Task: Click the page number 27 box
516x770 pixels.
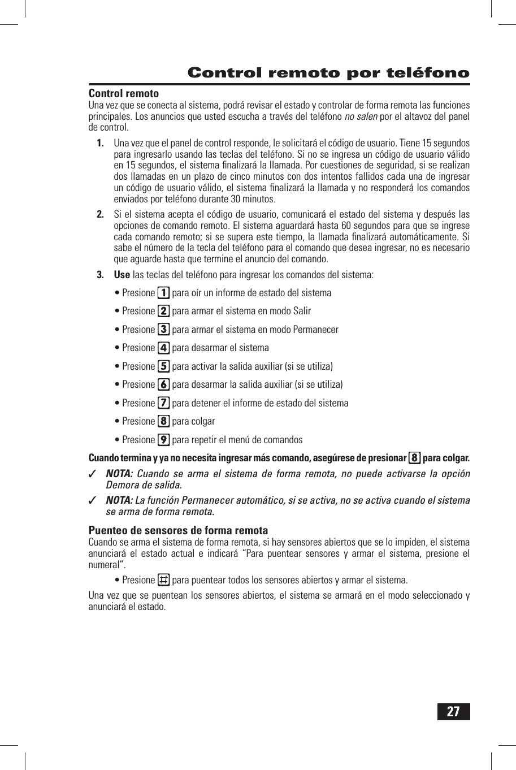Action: pyautogui.click(x=453, y=712)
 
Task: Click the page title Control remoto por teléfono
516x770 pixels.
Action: pyautogui.click(x=328, y=73)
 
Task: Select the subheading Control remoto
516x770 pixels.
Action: pyautogui.click(x=124, y=94)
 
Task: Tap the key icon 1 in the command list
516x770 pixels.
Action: pyautogui.click(x=163, y=293)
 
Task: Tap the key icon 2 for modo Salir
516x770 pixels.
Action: pyautogui.click(x=163, y=311)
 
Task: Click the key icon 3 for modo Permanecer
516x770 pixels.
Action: pyautogui.click(x=163, y=330)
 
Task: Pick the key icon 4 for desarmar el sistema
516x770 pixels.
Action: pyautogui.click(x=163, y=348)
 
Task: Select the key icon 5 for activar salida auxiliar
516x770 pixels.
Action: pyautogui.click(x=163, y=366)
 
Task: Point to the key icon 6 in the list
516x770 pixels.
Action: pyautogui.click(x=163, y=384)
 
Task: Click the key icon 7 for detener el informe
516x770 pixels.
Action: pyautogui.click(x=163, y=403)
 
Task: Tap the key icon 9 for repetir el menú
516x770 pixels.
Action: pyautogui.click(x=163, y=440)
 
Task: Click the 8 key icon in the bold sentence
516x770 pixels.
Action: pyautogui.click(x=415, y=458)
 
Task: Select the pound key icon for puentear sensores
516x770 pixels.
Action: pyautogui.click(x=163, y=580)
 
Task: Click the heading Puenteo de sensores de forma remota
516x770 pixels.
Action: pyautogui.click(x=178, y=530)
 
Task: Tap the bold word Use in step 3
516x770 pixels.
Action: pyautogui.click(x=122, y=275)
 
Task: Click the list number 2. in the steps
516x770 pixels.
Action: pyautogui.click(x=100, y=214)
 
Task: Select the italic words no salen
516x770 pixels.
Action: pyautogui.click(x=361, y=116)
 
